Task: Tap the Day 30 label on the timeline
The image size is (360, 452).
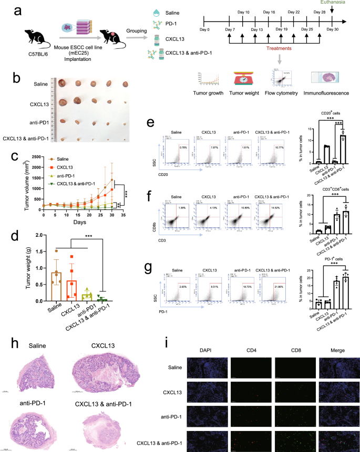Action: coord(332,29)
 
